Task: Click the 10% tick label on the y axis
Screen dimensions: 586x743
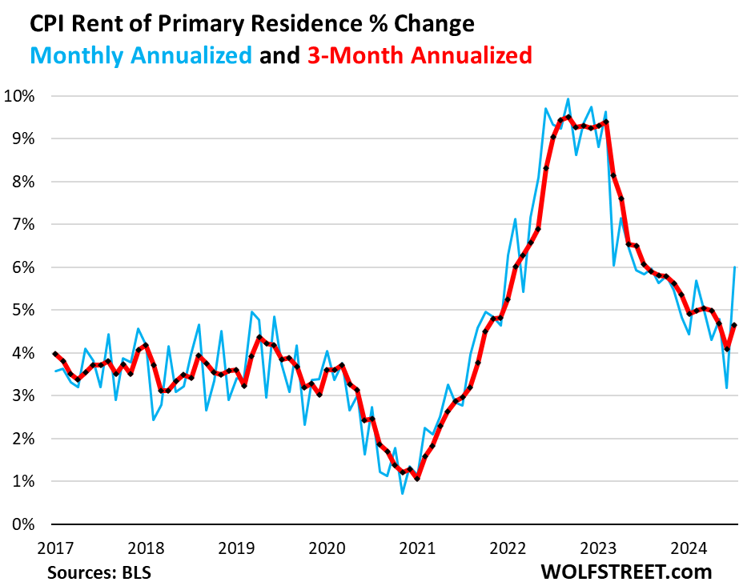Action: click(x=24, y=96)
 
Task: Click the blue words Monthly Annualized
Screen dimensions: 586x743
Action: click(x=143, y=55)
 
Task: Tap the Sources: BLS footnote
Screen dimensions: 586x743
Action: click(x=99, y=573)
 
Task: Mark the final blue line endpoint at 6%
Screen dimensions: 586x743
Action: click(x=734, y=267)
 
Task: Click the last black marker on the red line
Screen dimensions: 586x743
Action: click(x=734, y=325)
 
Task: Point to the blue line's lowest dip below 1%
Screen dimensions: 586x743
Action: click(x=402, y=493)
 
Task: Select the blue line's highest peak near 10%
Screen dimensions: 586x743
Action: click(x=568, y=99)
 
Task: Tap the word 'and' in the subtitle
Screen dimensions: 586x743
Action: click(x=279, y=55)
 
